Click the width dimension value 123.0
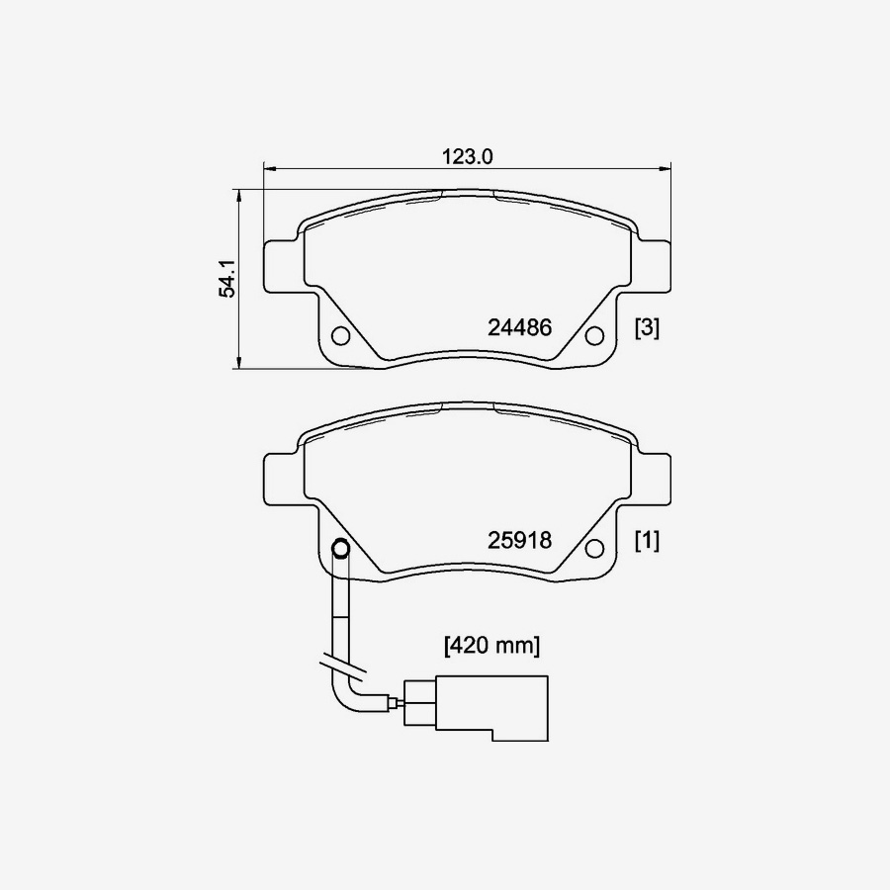[x=468, y=156]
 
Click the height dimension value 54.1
[x=228, y=279]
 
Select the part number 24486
[x=519, y=327]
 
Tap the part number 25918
[x=519, y=540]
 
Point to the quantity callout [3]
[x=647, y=327]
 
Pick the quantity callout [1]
[x=647, y=540]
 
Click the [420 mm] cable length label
[x=492, y=646]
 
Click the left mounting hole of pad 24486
[x=340, y=336]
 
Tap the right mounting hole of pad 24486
[x=594, y=336]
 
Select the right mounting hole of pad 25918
[x=594, y=549]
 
